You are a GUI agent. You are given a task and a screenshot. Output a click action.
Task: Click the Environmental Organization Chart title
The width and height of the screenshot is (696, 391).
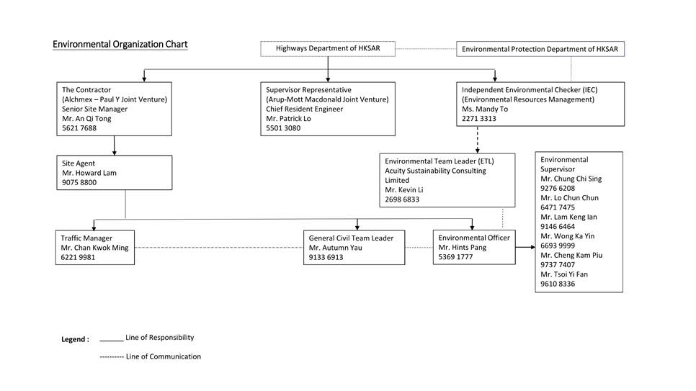[120, 45]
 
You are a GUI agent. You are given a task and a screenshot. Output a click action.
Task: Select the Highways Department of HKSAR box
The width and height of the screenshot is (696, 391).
[328, 49]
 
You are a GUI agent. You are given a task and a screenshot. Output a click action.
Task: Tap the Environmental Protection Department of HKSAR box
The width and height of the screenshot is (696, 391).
[540, 49]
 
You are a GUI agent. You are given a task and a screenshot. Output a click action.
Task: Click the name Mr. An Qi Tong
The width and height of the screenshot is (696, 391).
[86, 119]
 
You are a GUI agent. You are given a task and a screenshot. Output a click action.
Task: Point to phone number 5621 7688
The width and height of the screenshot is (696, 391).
[79, 128]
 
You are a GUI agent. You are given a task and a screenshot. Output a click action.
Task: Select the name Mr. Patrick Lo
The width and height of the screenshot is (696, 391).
[289, 119]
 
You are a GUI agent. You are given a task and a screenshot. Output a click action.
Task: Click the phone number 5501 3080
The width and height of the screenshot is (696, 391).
[283, 128]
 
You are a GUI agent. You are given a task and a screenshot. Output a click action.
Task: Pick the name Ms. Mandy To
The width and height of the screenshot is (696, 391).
[485, 109]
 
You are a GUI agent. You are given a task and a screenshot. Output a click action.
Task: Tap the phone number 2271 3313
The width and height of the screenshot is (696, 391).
[479, 119]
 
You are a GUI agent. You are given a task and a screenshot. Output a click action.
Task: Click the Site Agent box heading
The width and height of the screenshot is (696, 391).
[79, 163]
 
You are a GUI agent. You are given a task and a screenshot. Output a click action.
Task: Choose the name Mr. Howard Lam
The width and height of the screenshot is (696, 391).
[89, 173]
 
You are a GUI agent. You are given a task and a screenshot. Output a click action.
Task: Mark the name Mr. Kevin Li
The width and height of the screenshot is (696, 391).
[406, 190]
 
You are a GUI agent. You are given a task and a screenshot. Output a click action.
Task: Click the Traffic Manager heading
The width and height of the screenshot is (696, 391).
[86, 238]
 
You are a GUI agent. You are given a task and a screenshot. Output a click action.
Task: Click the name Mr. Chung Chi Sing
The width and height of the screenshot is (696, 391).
[571, 179]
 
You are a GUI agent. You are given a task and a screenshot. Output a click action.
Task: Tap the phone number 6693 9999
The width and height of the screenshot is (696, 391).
[558, 246]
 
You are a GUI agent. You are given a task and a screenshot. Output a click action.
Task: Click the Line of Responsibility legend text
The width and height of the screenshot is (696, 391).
[159, 337]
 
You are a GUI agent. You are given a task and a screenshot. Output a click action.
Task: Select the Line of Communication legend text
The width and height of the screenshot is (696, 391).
[163, 356]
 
